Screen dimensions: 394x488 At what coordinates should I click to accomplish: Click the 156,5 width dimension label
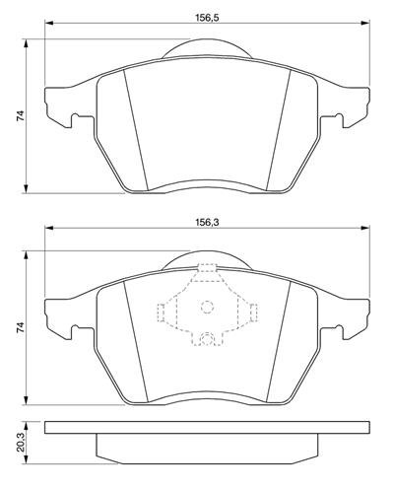coord(207,17)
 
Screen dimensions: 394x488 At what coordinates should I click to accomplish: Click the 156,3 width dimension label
coord(207,222)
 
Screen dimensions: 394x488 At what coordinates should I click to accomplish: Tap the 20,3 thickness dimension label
coord(20,443)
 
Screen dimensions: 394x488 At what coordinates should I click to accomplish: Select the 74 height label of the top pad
coord(20,116)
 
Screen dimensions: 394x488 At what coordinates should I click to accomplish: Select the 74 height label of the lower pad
coord(20,327)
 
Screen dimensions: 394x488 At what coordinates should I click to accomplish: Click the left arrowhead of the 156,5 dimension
coord(48,23)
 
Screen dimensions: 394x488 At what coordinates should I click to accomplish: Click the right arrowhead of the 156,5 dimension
coord(365,23)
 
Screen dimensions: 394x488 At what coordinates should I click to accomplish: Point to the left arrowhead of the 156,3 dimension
coord(48,228)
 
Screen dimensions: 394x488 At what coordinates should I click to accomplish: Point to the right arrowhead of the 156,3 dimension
coord(365,228)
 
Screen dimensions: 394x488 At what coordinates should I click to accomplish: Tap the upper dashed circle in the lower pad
coord(207,302)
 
